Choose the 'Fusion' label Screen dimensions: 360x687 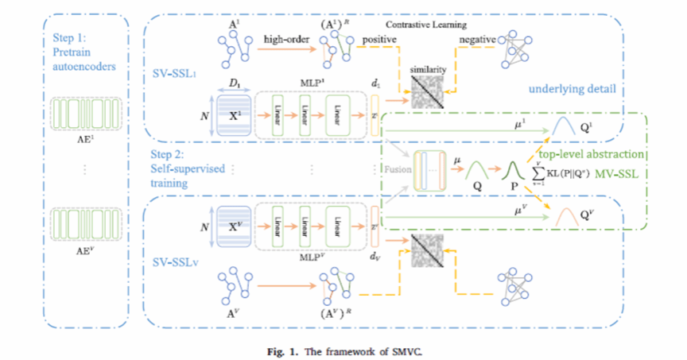395,169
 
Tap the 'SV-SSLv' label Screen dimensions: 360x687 176,260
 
